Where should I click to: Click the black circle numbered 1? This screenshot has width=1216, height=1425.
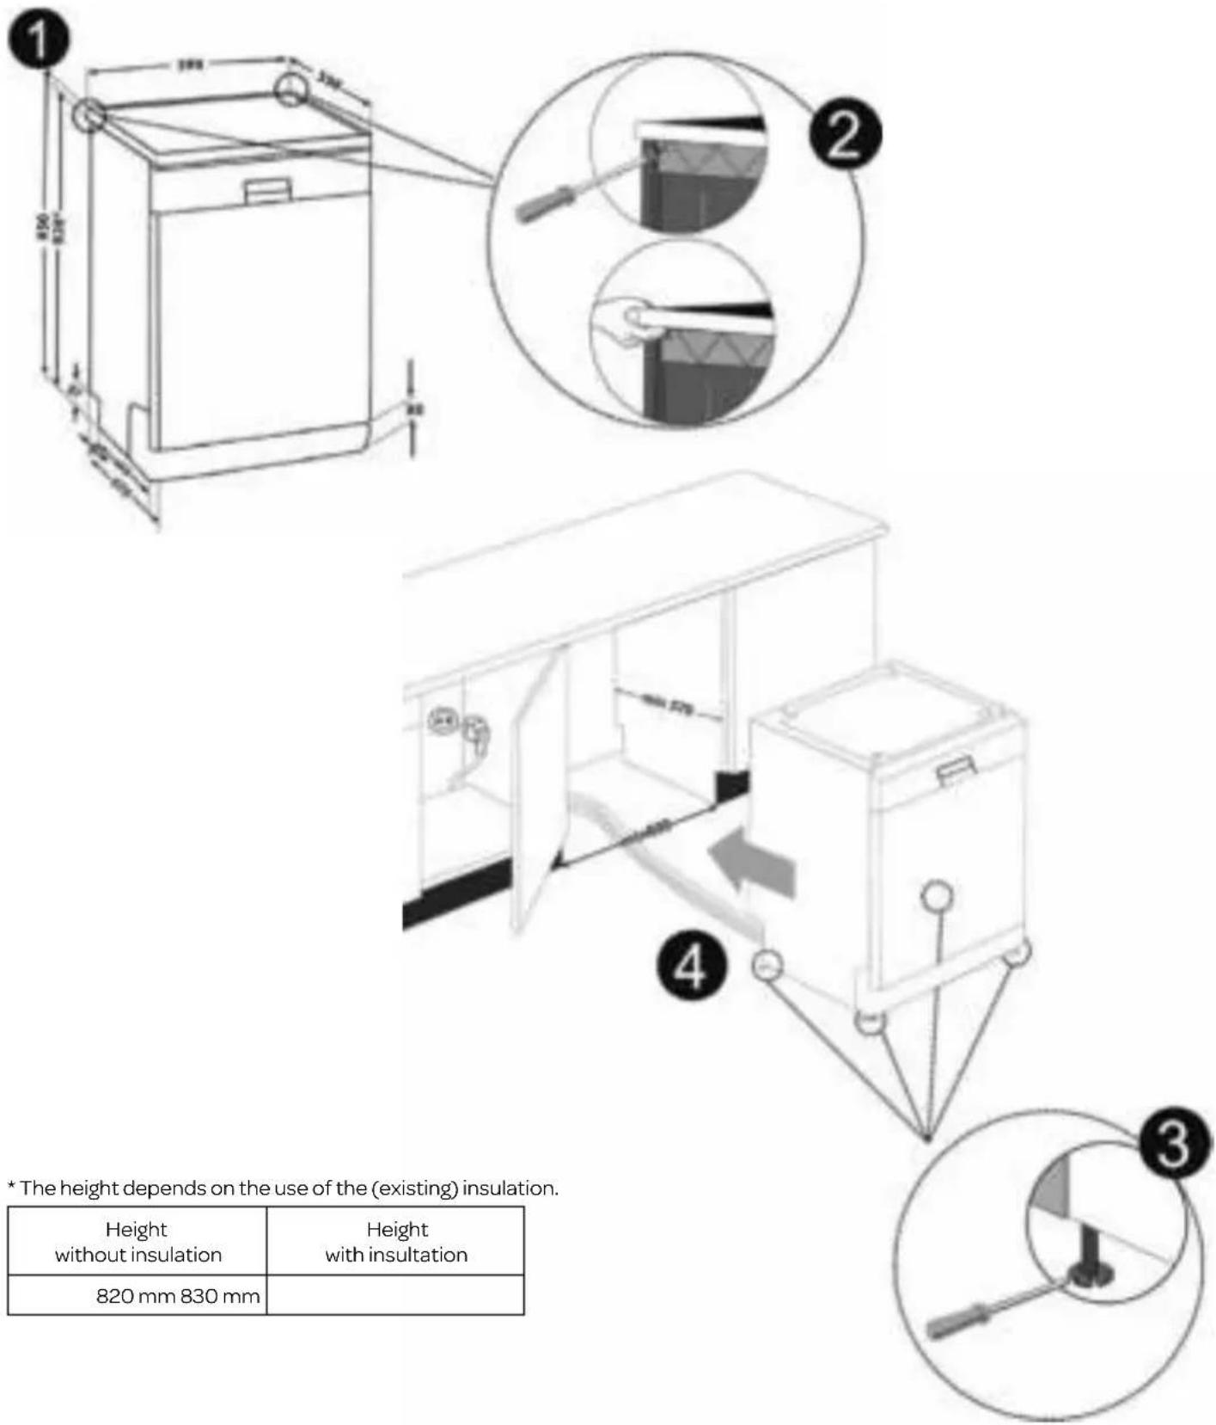pyautogui.click(x=39, y=40)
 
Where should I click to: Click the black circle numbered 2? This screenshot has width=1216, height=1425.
pyautogui.click(x=845, y=135)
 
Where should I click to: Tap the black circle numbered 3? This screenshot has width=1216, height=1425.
pyautogui.click(x=1173, y=1145)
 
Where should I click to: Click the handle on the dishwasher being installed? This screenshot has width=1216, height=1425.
pyautogui.click(x=956, y=770)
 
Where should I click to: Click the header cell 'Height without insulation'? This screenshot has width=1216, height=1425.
pyautogui.click(x=137, y=1241)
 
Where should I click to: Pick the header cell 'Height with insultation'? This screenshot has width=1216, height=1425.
pyautogui.click(x=395, y=1241)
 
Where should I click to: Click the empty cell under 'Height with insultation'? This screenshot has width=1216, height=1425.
pyautogui.click(x=395, y=1295)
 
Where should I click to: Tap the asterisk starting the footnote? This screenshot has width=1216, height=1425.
pyautogui.click(x=12, y=1186)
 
